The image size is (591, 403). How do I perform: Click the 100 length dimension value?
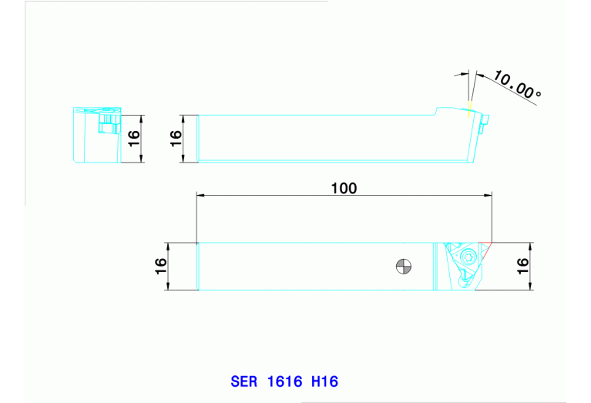(x=344, y=188)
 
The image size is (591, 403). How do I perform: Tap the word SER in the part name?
(x=243, y=381)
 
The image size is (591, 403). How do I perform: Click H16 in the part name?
(x=324, y=381)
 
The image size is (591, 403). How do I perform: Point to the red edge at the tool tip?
(x=485, y=251)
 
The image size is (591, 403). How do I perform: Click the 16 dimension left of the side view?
(x=176, y=139)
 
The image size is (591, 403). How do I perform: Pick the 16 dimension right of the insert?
(x=522, y=267)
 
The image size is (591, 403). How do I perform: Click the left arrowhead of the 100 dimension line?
(x=201, y=196)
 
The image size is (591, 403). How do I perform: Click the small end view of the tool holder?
(x=96, y=136)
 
